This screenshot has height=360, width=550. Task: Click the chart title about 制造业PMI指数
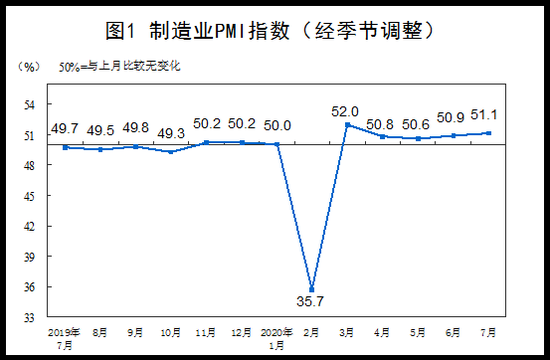point(270,31)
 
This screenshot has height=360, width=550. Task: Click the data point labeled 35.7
point(311,289)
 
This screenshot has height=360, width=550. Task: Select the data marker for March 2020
point(348,125)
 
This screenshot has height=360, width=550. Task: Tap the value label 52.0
point(345,112)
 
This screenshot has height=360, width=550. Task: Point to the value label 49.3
point(171,133)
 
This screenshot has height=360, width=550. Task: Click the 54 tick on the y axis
point(30,105)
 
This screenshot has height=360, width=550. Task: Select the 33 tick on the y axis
point(30,318)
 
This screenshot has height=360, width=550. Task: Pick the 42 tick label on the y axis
point(30,226)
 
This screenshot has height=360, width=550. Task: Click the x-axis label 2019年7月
point(64,339)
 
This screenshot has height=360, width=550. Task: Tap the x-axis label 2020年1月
point(276,339)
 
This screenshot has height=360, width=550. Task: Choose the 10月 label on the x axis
point(171,332)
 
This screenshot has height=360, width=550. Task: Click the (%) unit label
point(29,67)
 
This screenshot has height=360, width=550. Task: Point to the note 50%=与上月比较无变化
point(119,66)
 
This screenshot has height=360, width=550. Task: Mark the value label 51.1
point(484,114)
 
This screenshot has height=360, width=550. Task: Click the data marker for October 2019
point(171,152)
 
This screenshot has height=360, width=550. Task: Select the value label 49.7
point(65,129)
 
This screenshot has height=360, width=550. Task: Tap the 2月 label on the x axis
point(311,332)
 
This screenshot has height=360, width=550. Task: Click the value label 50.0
point(277,126)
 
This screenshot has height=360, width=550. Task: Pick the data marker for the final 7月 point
point(488,133)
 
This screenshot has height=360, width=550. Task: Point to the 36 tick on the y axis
point(30,287)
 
